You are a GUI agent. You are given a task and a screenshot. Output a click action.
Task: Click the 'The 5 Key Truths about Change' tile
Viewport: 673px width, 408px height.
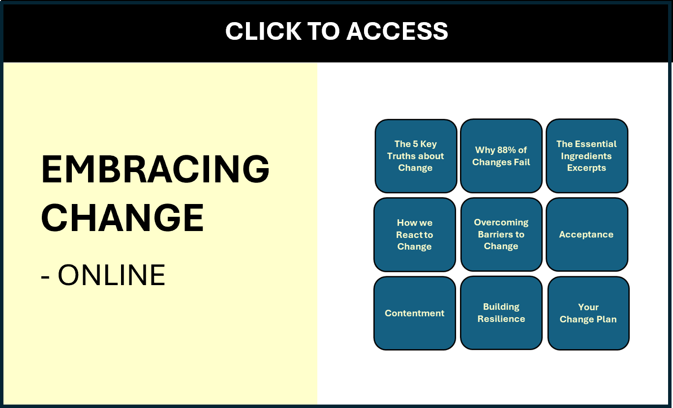[416, 156]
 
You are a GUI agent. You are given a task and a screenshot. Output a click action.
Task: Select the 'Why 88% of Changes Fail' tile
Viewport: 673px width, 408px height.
[501, 156]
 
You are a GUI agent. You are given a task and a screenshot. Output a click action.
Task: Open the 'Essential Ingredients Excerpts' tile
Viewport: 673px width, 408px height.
[586, 156]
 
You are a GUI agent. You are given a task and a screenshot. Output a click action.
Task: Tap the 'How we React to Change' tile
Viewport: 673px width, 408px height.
[414, 234]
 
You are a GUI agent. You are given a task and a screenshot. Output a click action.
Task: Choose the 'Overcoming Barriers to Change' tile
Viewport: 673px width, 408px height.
[501, 234]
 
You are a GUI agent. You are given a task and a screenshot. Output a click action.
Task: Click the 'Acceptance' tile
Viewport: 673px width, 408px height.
[586, 234]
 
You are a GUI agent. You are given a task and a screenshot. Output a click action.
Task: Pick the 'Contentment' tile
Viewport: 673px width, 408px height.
[414, 313]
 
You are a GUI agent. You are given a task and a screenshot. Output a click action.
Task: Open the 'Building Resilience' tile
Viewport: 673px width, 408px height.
[501, 313]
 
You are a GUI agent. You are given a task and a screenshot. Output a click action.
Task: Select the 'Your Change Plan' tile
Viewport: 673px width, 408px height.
[588, 313]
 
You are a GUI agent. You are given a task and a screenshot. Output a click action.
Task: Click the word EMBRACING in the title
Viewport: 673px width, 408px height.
[155, 169]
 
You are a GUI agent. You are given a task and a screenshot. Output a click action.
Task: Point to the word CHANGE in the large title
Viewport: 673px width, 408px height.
[122, 217]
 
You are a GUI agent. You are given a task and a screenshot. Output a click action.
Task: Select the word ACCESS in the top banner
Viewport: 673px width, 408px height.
[398, 31]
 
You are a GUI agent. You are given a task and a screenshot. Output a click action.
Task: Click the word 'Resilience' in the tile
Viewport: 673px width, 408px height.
[501, 319]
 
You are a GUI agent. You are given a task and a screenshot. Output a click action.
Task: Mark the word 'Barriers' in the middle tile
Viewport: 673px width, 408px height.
[501, 234]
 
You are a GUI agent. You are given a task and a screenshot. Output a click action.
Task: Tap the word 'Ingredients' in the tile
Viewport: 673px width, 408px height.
[586, 156]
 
